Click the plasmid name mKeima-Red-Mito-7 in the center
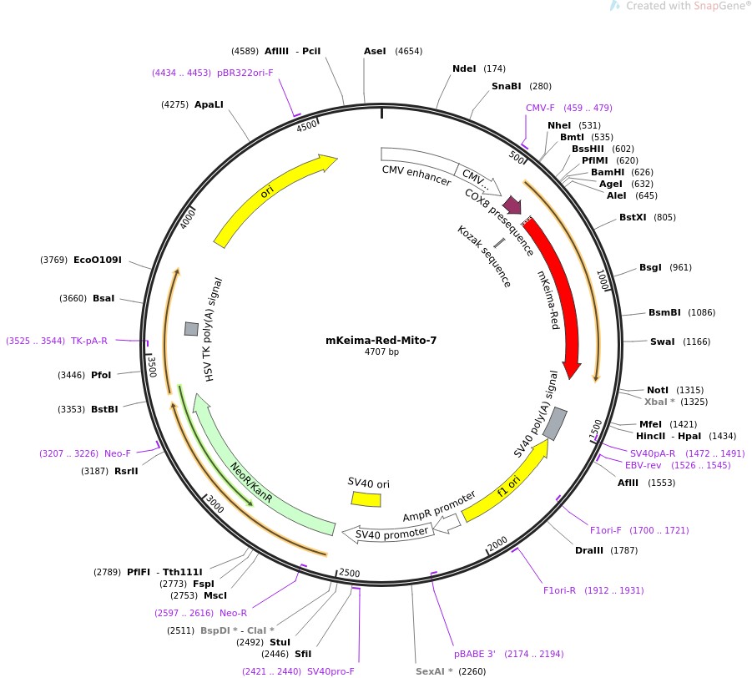pyautogui.click(x=381, y=341)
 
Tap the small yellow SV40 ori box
pyautogui.click(x=366, y=498)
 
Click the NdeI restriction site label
pyautogui.click(x=464, y=68)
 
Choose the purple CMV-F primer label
pyautogui.click(x=540, y=108)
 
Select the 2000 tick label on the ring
pyautogui.click(x=497, y=544)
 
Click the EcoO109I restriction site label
pyautogui.click(x=98, y=260)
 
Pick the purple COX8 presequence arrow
pyautogui.click(x=512, y=205)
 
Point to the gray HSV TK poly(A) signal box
pyautogui.click(x=191, y=329)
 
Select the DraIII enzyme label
pyautogui.click(x=589, y=550)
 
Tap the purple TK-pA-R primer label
pyautogui.click(x=89, y=341)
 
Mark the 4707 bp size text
pyautogui.click(x=381, y=352)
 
